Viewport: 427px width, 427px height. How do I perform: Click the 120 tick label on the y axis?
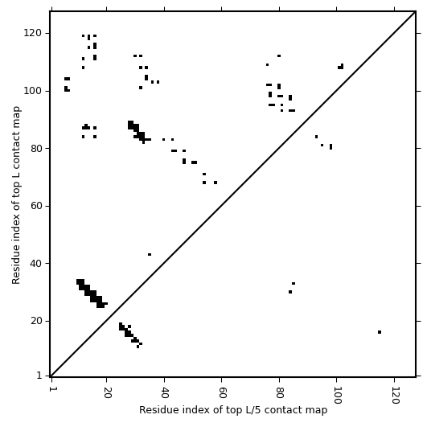coord(32,33)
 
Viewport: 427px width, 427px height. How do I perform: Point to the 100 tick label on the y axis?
coord(32,91)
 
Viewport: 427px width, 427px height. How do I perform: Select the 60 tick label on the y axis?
coord(36,206)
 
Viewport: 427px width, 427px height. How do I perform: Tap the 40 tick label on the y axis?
coord(36,263)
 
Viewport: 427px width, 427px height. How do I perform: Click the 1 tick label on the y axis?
coord(39,376)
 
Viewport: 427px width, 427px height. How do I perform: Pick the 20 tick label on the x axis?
coord(107,392)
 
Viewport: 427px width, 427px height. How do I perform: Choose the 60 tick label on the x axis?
coord(222,392)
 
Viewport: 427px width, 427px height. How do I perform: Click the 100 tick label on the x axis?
coord(337,395)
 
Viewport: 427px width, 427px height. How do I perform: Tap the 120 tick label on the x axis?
coord(395,395)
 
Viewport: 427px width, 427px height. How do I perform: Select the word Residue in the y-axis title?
coord(16,267)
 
